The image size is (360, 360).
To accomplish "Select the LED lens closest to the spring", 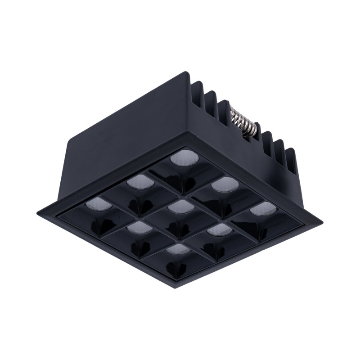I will pos(182,158).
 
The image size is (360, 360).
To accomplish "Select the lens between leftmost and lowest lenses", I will pos(136,227).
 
